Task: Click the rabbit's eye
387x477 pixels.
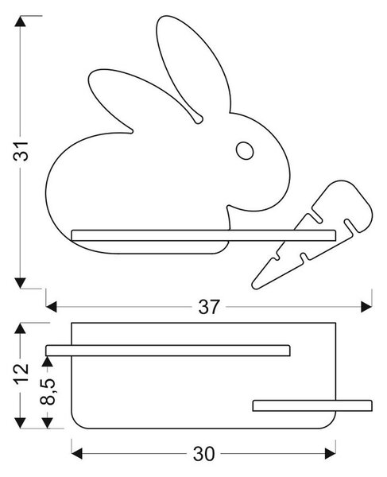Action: pyautogui.click(x=245, y=150)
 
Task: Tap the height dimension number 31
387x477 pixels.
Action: pyautogui.click(x=21, y=151)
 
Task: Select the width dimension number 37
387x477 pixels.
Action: pyautogui.click(x=208, y=307)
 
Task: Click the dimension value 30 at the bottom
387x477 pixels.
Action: pyautogui.click(x=203, y=454)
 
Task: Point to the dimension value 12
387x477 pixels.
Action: pyautogui.click(x=21, y=374)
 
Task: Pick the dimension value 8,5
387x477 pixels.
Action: pyautogui.click(x=48, y=391)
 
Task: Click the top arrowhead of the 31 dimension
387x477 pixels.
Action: pyautogui.click(x=21, y=21)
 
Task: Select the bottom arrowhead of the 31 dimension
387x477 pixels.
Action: pyautogui.click(x=21, y=283)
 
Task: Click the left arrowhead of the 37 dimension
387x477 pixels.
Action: pyautogui.click(x=52, y=307)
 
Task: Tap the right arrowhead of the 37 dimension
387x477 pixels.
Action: pyautogui.click(x=366, y=307)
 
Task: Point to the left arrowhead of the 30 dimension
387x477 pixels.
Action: pyautogui.click(x=77, y=454)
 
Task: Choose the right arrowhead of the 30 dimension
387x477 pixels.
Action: pyautogui.click(x=330, y=454)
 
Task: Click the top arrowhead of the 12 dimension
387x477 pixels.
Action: pyautogui.click(x=21, y=328)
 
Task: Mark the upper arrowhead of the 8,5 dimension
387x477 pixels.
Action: pyautogui.click(x=47, y=362)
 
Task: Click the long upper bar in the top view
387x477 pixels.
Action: pyautogui.click(x=168, y=351)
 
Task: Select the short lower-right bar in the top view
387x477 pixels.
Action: pyautogui.click(x=312, y=405)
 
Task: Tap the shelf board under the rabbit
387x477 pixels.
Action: pyautogui.click(x=203, y=235)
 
